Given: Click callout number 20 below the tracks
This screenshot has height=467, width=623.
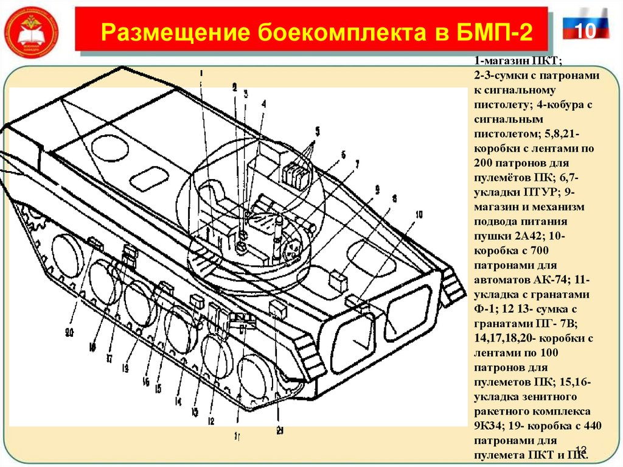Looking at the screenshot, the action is [69, 332].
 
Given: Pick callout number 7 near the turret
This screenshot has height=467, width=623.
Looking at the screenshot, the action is [357, 164].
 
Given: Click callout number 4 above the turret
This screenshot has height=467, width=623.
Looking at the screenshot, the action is [264, 104].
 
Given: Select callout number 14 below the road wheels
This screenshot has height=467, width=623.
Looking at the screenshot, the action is [178, 402].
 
